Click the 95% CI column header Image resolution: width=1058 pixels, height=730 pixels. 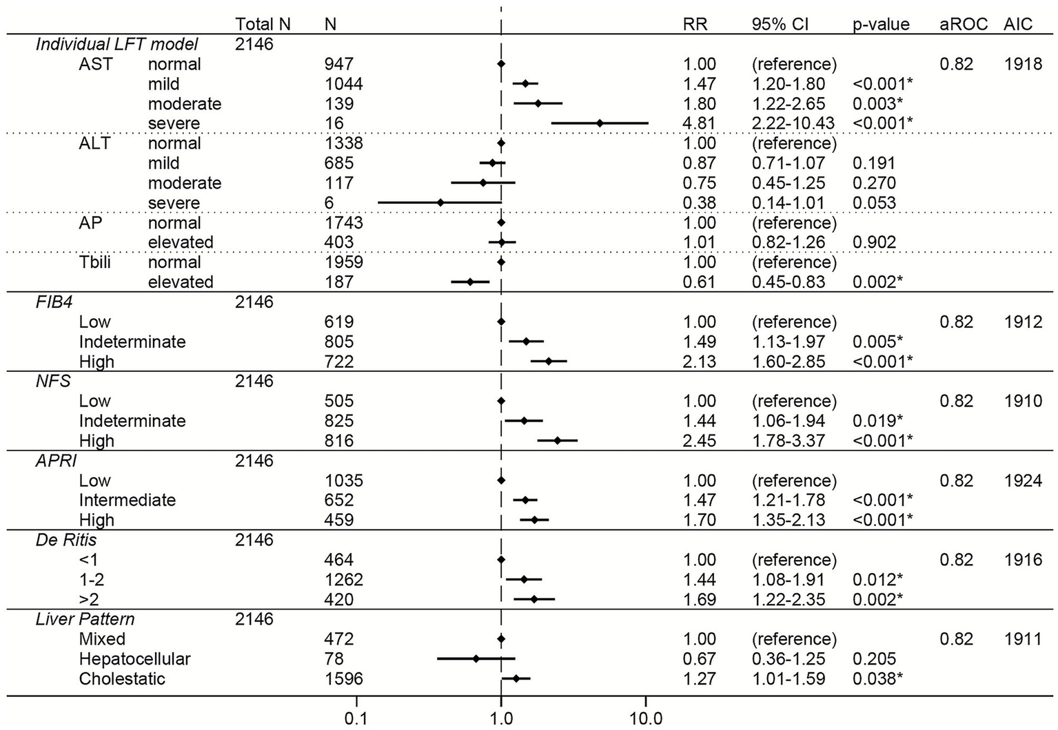pos(780,24)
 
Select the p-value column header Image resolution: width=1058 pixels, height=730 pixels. pos(881,24)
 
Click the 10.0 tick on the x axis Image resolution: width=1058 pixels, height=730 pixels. pos(645,719)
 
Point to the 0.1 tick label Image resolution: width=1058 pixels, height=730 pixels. pos(356,719)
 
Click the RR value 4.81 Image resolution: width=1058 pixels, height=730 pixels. pos(700,124)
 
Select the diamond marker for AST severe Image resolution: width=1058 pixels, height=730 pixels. pos(600,123)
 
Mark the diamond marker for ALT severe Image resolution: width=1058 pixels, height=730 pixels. pos(440,202)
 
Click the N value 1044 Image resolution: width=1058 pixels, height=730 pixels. pos(343,84)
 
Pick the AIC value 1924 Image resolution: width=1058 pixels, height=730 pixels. pos(1023,481)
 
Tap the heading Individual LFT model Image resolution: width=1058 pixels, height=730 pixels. pos(116,45)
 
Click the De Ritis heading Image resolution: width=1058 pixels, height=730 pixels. pos(66,540)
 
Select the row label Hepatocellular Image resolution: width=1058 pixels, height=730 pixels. pos(134,659)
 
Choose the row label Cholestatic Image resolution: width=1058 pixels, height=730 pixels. pos(122,679)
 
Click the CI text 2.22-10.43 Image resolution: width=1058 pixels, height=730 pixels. pos(793,124)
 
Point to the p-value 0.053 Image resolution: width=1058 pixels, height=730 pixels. pos(874,203)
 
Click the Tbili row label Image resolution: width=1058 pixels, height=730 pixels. pos(94,262)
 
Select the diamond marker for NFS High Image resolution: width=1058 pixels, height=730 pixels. pos(557,440)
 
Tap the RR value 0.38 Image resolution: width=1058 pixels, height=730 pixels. pos(700,203)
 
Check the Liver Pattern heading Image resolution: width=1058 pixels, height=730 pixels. pos(85,619)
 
